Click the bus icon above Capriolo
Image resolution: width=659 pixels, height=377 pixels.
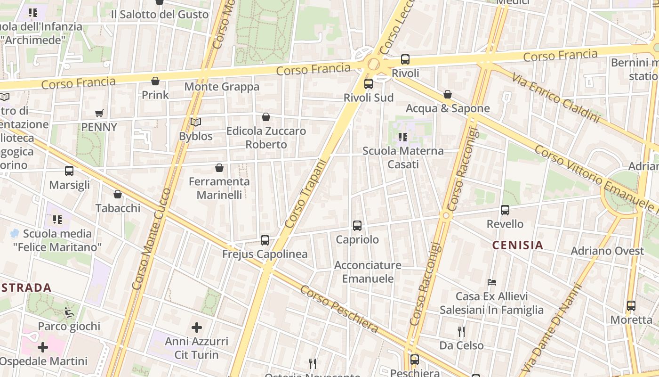(x=357, y=226)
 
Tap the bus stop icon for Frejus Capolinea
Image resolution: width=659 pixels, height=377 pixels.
(x=265, y=240)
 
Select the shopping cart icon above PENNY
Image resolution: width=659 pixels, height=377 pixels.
(x=99, y=113)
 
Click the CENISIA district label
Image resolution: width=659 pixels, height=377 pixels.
(x=517, y=245)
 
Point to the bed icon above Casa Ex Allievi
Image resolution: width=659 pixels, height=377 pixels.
(x=492, y=282)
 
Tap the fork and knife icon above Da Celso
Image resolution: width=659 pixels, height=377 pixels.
(x=461, y=332)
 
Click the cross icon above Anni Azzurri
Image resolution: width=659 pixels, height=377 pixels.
(x=197, y=327)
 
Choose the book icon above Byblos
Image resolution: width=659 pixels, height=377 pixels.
(x=196, y=123)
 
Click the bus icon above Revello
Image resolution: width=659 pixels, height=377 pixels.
(x=505, y=210)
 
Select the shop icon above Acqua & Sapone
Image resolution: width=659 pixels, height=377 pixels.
(x=448, y=95)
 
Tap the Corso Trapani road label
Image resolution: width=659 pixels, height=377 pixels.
(x=305, y=194)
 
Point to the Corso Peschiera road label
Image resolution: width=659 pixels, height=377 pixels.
(x=339, y=309)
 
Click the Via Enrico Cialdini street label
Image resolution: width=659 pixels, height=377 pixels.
(x=555, y=98)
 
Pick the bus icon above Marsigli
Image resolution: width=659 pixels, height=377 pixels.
(x=69, y=171)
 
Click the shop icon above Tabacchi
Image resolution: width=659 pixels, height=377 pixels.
(x=118, y=194)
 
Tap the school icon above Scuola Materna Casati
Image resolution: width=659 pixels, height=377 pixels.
(x=402, y=137)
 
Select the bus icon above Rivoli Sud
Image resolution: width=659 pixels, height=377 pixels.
(x=369, y=84)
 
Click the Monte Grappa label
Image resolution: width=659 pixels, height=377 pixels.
(x=222, y=87)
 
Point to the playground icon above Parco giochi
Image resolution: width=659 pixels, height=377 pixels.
(x=69, y=312)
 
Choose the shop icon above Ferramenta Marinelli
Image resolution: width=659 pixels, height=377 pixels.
(x=219, y=168)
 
